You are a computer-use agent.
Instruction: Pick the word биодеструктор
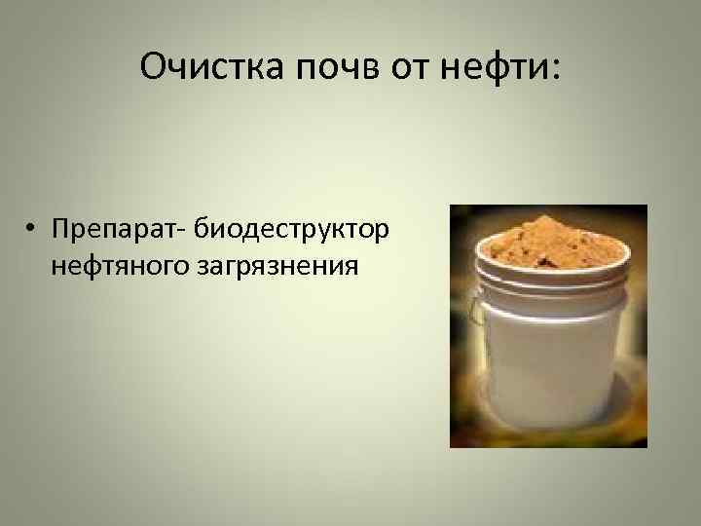(x=292, y=230)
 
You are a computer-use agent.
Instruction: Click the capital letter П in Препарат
(x=63, y=229)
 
